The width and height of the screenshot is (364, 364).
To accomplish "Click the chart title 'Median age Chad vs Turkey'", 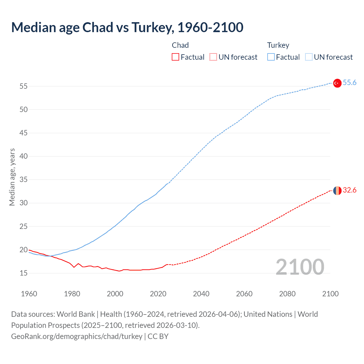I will [x=127, y=27].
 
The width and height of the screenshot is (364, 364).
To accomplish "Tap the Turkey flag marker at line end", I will [x=337, y=83].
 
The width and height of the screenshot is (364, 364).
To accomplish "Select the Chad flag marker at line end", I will [x=337, y=191].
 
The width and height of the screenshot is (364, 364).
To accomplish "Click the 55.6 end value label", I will [x=349, y=83].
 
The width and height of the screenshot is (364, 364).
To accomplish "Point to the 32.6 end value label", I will [x=349, y=190].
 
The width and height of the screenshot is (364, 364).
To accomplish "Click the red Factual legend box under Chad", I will [x=175, y=57].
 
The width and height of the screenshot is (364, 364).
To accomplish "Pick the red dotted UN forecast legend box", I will [x=213, y=57].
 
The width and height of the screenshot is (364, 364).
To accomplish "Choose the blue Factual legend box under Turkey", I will [x=271, y=57].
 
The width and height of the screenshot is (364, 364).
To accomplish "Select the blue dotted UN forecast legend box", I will [x=309, y=57].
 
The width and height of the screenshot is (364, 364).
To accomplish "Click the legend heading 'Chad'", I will [x=180, y=45].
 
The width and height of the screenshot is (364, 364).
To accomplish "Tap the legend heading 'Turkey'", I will [x=278, y=45].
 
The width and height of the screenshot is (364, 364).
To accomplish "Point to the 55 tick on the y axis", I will [x=23, y=86].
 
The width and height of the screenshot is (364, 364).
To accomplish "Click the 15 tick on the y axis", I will [x=23, y=273].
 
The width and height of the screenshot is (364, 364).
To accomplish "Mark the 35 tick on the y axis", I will [x=23, y=180].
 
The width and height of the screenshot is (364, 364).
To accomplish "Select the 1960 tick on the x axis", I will [x=29, y=294].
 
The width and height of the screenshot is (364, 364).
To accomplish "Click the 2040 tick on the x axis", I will [x=201, y=294].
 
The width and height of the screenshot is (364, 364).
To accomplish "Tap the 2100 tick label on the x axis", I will [x=330, y=294].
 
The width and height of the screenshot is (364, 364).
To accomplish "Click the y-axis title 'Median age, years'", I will [x=12, y=177].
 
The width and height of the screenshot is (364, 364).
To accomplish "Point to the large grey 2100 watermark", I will [x=300, y=267].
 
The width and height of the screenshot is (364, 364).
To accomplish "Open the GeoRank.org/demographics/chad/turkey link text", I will [x=77, y=336].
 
